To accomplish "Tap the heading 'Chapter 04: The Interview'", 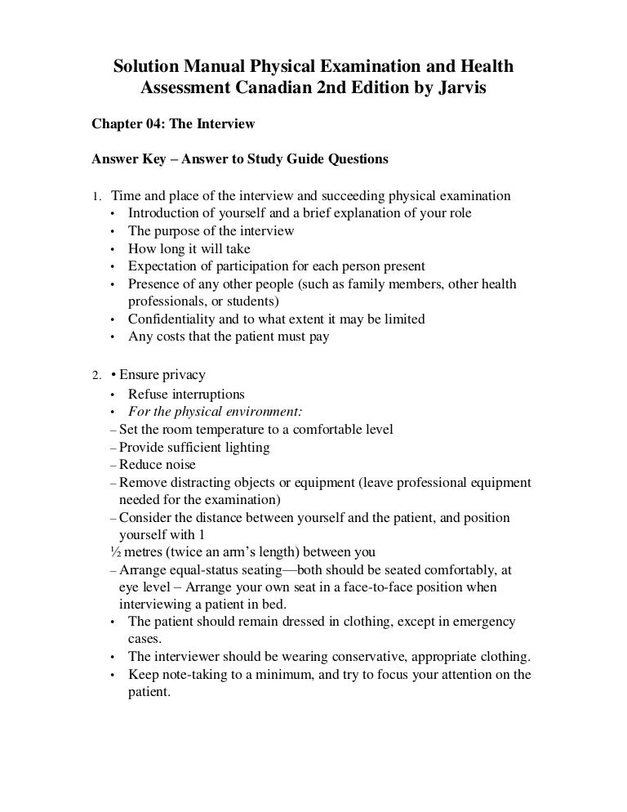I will [x=173, y=124].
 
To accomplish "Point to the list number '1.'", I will [x=96, y=196].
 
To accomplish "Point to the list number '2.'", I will [x=96, y=376].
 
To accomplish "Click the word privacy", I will [x=184, y=375].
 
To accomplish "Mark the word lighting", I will [x=246, y=447].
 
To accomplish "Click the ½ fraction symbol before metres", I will [x=113, y=551].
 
